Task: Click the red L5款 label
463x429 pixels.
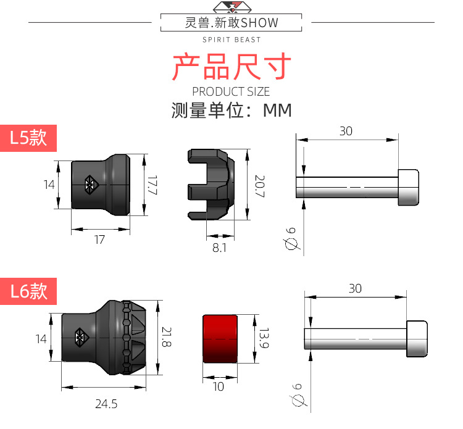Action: click(x=28, y=138)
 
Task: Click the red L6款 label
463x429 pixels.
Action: click(x=28, y=291)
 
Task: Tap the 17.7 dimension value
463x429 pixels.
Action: click(x=152, y=185)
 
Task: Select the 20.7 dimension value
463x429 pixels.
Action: click(x=260, y=186)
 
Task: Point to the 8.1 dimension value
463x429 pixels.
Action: click(x=219, y=248)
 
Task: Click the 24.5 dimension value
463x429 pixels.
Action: click(x=106, y=404)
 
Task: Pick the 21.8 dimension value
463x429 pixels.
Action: click(x=167, y=336)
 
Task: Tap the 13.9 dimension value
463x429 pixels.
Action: click(x=264, y=338)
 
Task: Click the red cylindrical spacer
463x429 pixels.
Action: click(x=220, y=339)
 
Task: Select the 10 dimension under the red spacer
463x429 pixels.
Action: click(x=219, y=386)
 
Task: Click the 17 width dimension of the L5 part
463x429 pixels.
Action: click(x=99, y=239)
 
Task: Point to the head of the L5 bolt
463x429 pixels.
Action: click(x=409, y=187)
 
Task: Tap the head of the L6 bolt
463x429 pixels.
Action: click(x=417, y=339)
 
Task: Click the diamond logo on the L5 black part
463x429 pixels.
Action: click(x=91, y=185)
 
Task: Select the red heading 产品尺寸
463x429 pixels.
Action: click(x=231, y=67)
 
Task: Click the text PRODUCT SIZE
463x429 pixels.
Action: click(x=231, y=91)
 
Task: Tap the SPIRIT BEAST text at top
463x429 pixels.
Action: click(x=231, y=40)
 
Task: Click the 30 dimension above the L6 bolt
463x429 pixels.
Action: click(x=355, y=288)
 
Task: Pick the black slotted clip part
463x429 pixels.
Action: click(x=211, y=185)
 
